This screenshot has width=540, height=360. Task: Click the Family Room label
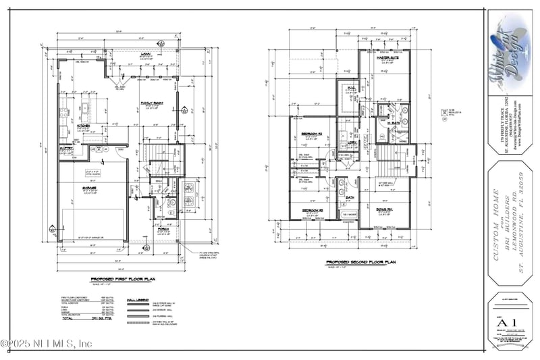[149, 103]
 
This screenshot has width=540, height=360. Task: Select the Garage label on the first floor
[90, 188]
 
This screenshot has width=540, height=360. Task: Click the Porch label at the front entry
[163, 228]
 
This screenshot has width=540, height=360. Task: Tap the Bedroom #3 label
[311, 210]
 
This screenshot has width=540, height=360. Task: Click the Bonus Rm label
[386, 210]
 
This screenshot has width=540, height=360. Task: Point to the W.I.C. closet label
[352, 88]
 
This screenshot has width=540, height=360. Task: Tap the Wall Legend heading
[138, 297]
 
